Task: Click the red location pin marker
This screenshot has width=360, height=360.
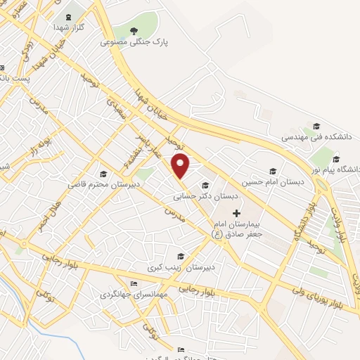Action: tap(181, 165)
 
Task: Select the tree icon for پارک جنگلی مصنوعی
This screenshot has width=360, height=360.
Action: tap(136, 30)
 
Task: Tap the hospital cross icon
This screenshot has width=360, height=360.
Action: tap(236, 212)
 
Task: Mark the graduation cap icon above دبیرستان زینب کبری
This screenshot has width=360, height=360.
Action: tap(181, 256)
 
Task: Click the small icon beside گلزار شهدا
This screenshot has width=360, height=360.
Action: tap(67, 17)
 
